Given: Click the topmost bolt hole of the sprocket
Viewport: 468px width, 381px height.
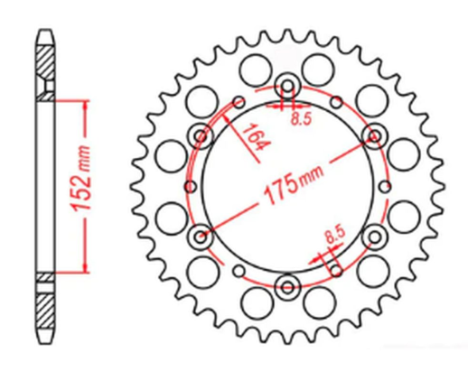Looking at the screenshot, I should pyautogui.click(x=288, y=87).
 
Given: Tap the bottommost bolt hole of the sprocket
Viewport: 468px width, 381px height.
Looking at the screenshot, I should pyautogui.click(x=288, y=289).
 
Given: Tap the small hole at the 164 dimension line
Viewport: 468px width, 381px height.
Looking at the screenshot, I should pyautogui.click(x=239, y=103).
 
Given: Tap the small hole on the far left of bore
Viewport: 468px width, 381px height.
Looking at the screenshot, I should pyautogui.click(x=189, y=187).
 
